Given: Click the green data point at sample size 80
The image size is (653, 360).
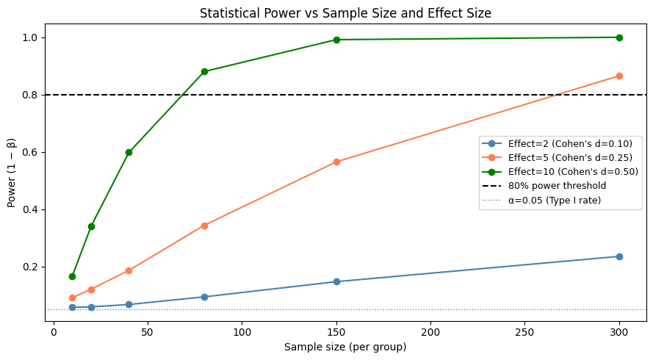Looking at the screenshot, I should (204, 71).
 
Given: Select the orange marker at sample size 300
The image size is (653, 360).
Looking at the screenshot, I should (619, 76).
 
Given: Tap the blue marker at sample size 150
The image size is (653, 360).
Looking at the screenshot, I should (336, 281).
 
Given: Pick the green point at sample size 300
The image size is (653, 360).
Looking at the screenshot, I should (619, 37).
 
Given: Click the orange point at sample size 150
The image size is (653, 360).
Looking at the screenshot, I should (336, 162).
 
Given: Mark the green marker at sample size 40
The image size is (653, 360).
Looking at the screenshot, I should (129, 152).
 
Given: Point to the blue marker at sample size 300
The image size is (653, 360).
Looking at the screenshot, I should (619, 256).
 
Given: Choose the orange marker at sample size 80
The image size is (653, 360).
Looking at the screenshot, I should (204, 226).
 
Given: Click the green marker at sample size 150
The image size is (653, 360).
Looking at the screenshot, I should (336, 40).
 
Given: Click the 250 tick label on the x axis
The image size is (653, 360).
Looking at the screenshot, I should (524, 333).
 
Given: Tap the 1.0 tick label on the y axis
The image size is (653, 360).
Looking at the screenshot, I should (32, 37).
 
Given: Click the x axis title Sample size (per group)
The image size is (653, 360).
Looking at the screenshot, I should (345, 348).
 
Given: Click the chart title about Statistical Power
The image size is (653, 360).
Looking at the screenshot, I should (345, 12).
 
